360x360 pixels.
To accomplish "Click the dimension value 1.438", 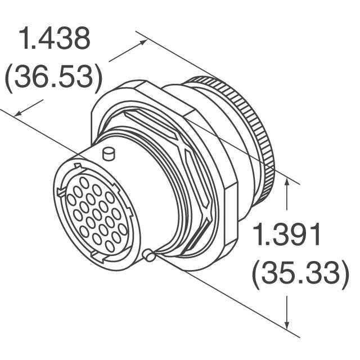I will pyautogui.click(x=54, y=39).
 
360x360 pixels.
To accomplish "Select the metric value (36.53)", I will pyautogui.click(x=53, y=77).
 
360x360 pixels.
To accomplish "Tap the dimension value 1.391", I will pyautogui.click(x=287, y=235).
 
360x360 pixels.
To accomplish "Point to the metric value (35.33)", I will pyautogui.click(x=298, y=273).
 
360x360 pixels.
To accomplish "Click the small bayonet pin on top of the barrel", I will pyautogui.click(x=109, y=153).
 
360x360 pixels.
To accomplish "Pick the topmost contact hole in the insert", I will pyautogui.click(x=84, y=182).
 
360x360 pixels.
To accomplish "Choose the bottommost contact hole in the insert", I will pyautogui.click(x=110, y=246).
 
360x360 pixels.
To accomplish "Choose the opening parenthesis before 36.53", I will pyautogui.click(x=10, y=77).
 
